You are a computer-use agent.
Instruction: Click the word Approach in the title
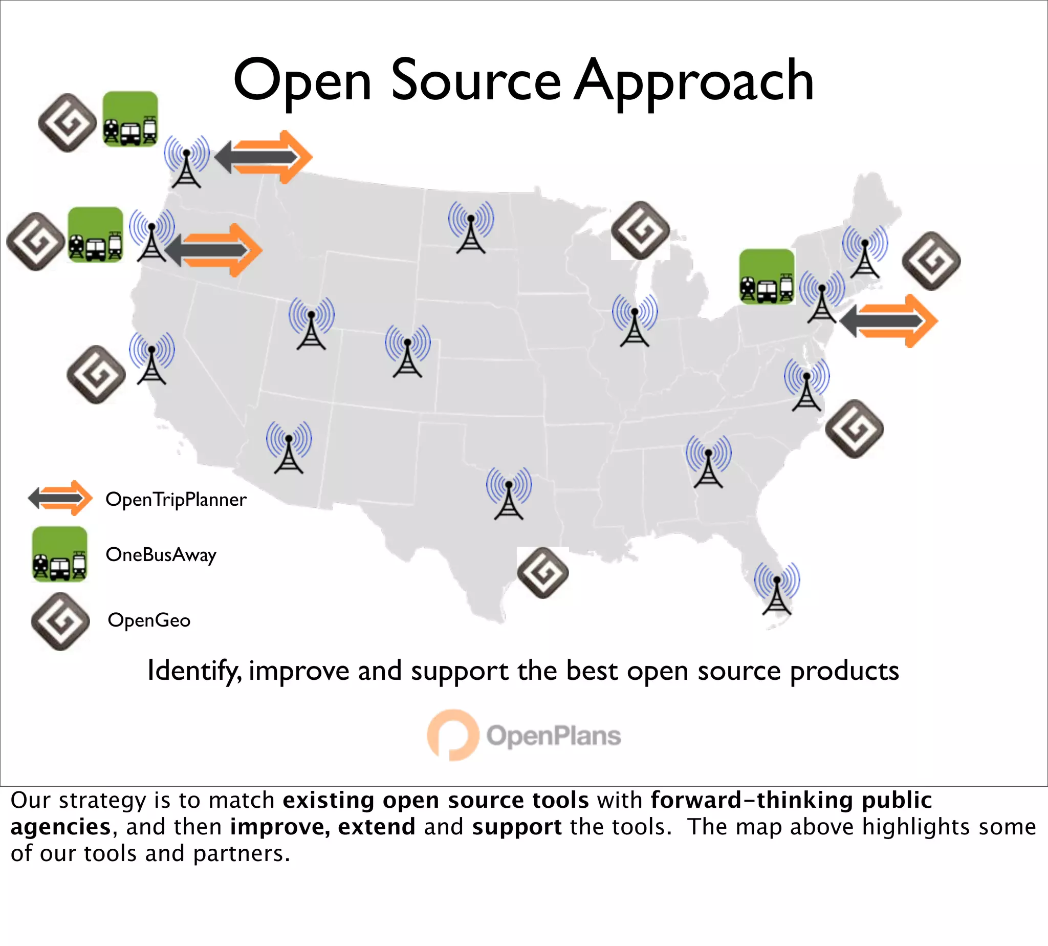694,81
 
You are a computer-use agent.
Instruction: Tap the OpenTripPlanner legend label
176,500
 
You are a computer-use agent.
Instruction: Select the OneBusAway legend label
161,554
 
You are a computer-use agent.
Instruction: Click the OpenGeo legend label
149,620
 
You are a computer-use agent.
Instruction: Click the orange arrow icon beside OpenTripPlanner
60,499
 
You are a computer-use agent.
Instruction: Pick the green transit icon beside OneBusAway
60,554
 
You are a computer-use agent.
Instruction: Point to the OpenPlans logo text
553,736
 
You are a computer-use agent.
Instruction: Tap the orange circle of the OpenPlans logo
452,735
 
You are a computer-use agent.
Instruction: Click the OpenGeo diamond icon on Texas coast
543,573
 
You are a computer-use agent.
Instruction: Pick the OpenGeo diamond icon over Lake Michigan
640,230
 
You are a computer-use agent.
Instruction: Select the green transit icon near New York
767,276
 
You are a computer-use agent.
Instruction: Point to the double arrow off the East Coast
888,320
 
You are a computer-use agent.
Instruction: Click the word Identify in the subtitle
194,671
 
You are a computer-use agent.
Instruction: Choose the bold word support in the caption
516,827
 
